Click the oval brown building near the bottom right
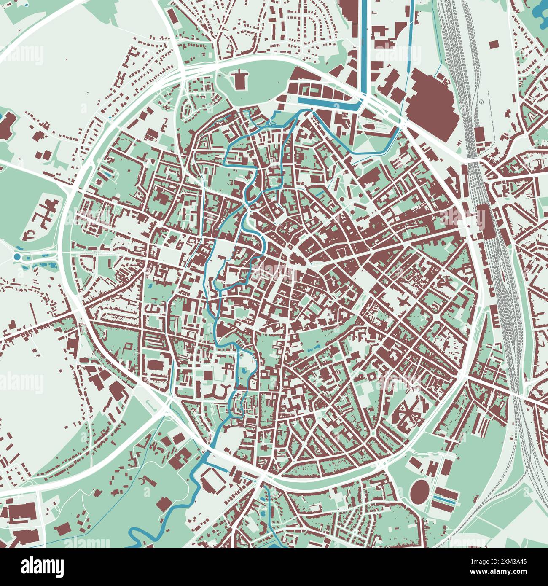click(419, 489)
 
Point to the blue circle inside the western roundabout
click(17, 256)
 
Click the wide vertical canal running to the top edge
click(363, 46)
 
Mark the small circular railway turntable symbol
click(480, 102)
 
